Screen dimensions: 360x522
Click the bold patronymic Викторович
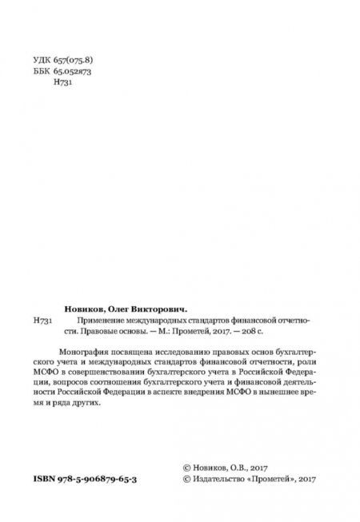click(x=162, y=307)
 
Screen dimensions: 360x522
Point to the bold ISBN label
click(x=45, y=480)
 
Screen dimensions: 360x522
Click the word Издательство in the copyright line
click(x=225, y=480)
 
